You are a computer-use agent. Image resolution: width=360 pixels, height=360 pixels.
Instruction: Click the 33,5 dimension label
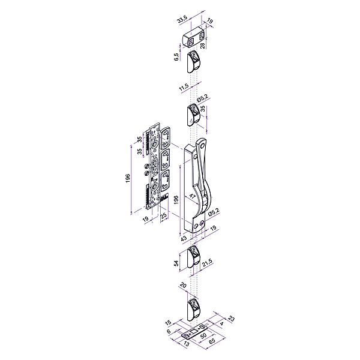click(x=182, y=20)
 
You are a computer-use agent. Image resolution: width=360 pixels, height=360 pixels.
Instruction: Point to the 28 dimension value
click(x=203, y=46)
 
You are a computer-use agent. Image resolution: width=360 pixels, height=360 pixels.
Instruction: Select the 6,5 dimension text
click(x=176, y=57)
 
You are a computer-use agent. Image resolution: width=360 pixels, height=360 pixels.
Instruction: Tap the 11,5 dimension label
click(x=184, y=88)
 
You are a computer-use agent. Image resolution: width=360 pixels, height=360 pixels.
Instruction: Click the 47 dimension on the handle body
click(x=192, y=196)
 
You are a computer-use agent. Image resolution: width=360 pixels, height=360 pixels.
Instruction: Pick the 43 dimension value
click(x=184, y=238)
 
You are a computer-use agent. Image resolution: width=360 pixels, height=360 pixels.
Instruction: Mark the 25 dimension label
click(x=163, y=216)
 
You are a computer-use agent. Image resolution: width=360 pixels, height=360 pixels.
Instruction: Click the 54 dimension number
click(x=176, y=263)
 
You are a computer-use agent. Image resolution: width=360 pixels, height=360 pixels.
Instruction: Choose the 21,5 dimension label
click(x=207, y=263)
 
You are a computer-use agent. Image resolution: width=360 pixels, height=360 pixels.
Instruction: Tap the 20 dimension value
click(x=183, y=286)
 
